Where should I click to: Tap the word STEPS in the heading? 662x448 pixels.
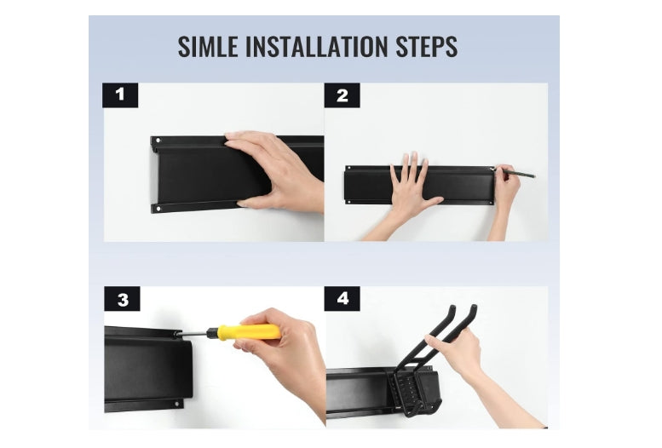[x=426, y=47]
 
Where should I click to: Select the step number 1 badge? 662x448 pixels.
[x=120, y=95]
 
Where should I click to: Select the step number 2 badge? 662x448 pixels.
[x=342, y=95]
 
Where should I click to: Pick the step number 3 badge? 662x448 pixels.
[x=122, y=299]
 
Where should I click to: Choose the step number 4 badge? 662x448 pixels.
[x=342, y=299]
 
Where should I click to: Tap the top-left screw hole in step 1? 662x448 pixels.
[x=158, y=141]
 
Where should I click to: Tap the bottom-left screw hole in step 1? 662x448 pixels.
[x=158, y=208]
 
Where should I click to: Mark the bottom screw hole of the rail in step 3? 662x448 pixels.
[x=176, y=404]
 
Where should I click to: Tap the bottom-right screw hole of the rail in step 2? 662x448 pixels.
[x=491, y=203]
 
